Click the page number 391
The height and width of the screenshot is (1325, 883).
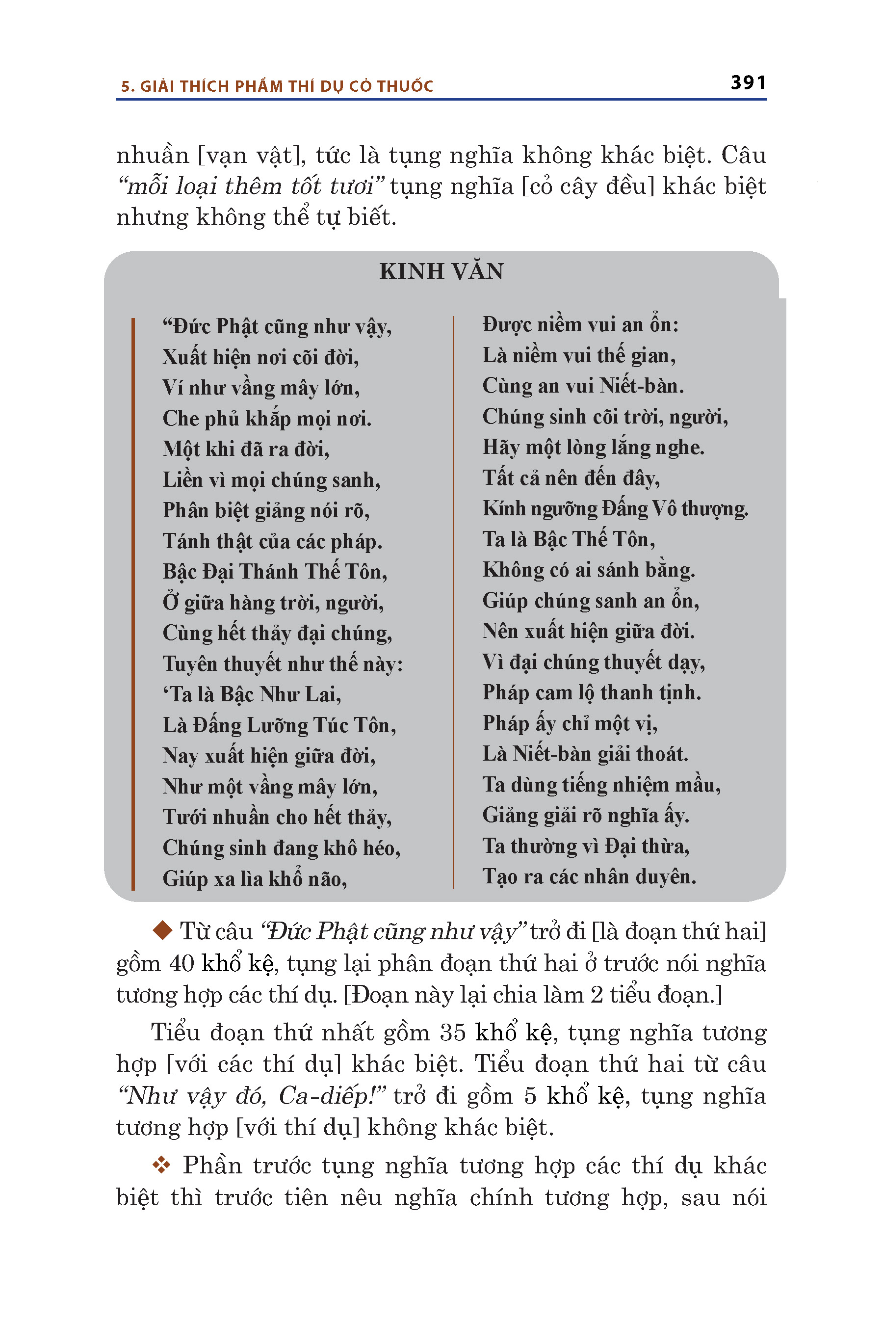[x=748, y=83]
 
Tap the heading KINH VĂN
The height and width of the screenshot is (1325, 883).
[x=441, y=271]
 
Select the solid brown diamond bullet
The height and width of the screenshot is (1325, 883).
[x=162, y=930]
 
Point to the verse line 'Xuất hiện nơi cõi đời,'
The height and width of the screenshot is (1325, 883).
[x=260, y=357]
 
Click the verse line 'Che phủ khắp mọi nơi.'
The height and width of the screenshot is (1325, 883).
[x=267, y=419]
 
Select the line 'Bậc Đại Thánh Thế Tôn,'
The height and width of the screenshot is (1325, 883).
[x=275, y=572]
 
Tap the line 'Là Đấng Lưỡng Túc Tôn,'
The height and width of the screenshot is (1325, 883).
[x=279, y=725]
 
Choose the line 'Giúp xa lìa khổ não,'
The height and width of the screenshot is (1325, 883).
[x=255, y=879]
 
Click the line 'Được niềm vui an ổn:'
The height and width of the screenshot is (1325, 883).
[x=580, y=325]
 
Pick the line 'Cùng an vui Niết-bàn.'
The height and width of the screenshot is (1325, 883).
[x=583, y=386]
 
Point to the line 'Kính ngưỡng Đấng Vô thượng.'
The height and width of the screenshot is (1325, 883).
[x=615, y=509]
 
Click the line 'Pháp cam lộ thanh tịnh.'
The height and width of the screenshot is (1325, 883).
[x=591, y=692]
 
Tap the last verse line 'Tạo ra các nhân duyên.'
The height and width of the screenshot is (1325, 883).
[x=589, y=876]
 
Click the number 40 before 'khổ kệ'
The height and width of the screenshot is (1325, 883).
[x=182, y=964]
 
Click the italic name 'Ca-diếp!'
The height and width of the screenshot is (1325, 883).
[x=332, y=1096]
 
